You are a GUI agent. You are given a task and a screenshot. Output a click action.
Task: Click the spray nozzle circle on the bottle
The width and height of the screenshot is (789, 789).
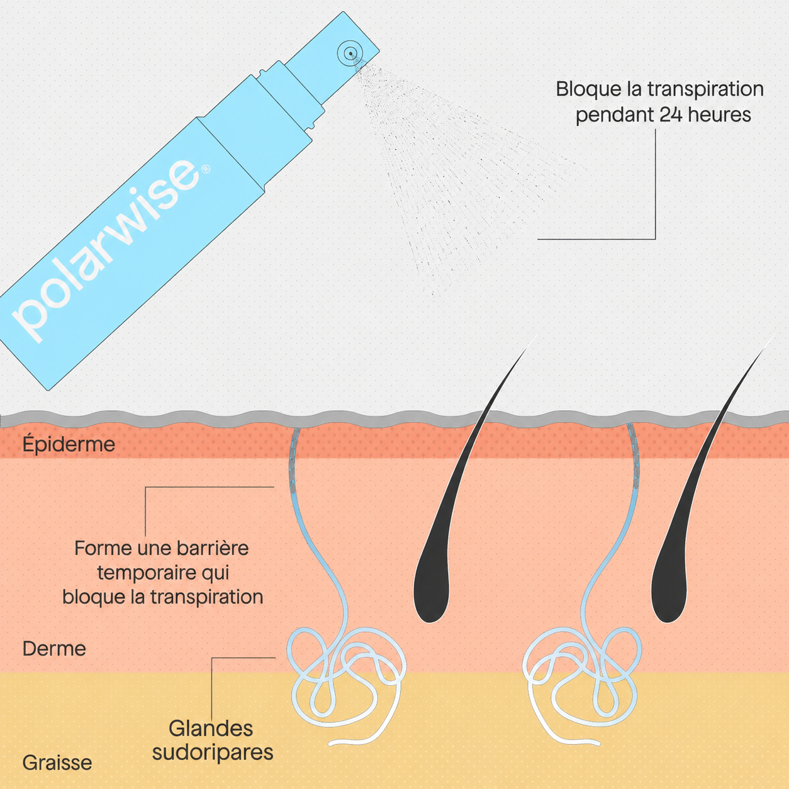click(x=350, y=53)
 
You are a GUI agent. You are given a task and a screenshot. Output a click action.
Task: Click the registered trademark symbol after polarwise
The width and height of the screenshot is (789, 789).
click(x=206, y=168)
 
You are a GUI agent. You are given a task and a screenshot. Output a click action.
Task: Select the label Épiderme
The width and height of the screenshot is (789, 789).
click(x=69, y=444)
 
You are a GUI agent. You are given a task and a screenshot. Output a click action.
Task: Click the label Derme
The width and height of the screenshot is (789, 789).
click(x=54, y=649)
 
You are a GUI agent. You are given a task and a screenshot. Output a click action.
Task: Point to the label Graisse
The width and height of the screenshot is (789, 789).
click(x=57, y=763)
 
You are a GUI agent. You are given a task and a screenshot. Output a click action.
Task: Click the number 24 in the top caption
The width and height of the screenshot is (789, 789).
click(x=670, y=115)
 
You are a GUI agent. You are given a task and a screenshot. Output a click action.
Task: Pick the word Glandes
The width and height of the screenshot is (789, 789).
click(x=211, y=729)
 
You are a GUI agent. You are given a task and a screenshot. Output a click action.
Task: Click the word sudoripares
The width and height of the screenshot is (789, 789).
click(x=213, y=753)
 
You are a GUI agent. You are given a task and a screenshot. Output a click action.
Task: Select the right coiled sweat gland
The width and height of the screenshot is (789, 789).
click(x=581, y=680)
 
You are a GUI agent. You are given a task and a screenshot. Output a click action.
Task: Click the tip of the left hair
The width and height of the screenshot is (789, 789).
click(x=537, y=335)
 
